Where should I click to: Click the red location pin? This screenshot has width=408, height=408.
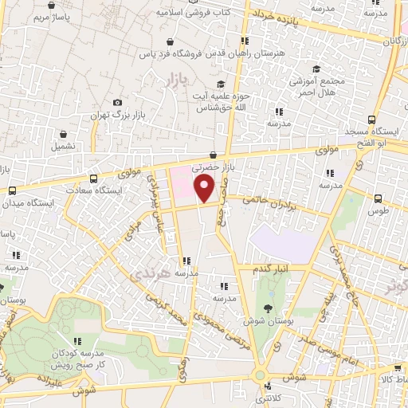205,189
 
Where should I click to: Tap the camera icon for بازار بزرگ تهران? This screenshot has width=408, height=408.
118,102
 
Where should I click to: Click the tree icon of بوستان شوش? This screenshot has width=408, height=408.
268,308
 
